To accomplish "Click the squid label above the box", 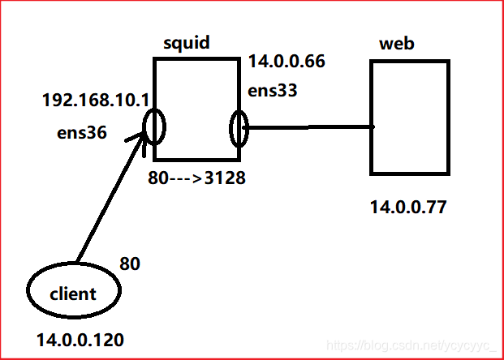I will pyautogui.click(x=187, y=42).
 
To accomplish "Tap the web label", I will pyautogui.click(x=397, y=43).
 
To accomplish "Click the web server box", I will pyautogui.click(x=410, y=117).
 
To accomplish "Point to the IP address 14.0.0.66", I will pyautogui.click(x=286, y=61).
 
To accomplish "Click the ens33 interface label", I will pyautogui.click(x=274, y=91).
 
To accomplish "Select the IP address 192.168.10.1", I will pyautogui.click(x=95, y=102).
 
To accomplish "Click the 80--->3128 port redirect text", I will pyautogui.click(x=196, y=177).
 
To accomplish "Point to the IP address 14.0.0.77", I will pyautogui.click(x=407, y=207).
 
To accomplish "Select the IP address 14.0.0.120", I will pyautogui.click(x=80, y=341).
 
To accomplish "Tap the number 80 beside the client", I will pyautogui.click(x=130, y=264).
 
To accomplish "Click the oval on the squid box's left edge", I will pyautogui.click(x=155, y=126).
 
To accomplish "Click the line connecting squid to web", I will pyautogui.click(x=308, y=127).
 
